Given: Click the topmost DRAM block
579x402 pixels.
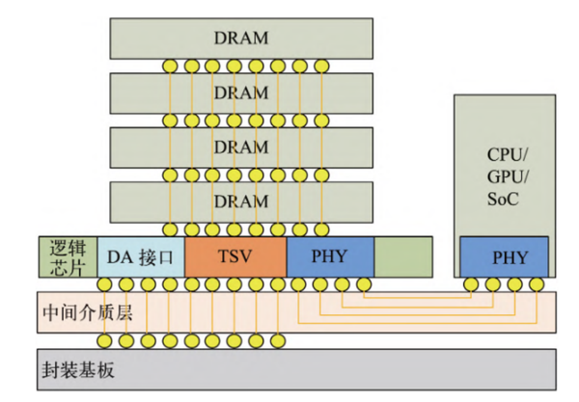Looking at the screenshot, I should [x=239, y=38].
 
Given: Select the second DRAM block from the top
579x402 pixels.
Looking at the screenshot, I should [x=239, y=93].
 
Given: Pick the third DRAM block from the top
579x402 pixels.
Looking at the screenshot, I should [x=239, y=147].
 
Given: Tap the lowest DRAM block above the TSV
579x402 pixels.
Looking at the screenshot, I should [x=239, y=201].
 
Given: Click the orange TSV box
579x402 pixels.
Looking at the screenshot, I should [x=234, y=256].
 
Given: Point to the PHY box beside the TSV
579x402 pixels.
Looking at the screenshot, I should [x=330, y=256].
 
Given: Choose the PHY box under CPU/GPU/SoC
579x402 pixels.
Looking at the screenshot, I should [x=505, y=256].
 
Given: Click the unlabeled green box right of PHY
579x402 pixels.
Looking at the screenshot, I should [x=402, y=256].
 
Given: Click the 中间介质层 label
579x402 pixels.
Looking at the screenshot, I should [x=86, y=311].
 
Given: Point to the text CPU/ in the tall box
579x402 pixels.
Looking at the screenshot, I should [x=505, y=154].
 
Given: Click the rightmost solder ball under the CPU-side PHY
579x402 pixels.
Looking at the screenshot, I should [x=538, y=284].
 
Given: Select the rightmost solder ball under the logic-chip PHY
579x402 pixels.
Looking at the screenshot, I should [x=363, y=284].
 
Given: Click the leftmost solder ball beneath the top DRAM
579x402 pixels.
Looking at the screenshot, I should [x=171, y=66].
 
